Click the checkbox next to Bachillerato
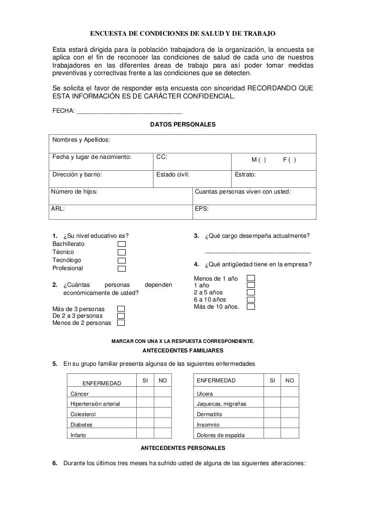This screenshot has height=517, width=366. [122, 244]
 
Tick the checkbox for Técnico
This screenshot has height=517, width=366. [122, 252]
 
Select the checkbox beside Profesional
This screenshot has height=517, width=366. [122, 268]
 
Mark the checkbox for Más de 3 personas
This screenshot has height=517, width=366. [121, 309]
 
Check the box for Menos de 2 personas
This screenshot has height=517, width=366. [121, 323]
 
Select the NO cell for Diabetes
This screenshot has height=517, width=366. [162, 424]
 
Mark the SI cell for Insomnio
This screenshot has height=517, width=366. [272, 424]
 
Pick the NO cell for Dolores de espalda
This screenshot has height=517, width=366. [289, 435]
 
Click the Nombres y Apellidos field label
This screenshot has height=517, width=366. [81, 140]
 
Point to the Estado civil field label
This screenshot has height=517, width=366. [173, 175]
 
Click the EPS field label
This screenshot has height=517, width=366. [202, 208]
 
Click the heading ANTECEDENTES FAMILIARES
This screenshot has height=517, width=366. [183, 351]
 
